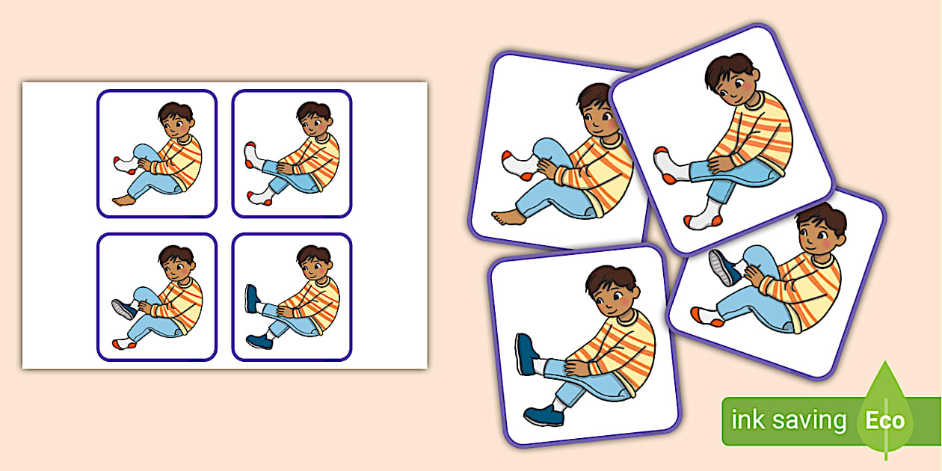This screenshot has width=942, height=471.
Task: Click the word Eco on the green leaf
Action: coord(885,420)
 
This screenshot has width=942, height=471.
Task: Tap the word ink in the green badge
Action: coord(748,419)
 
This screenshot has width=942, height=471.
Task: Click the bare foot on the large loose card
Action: coord(508,218)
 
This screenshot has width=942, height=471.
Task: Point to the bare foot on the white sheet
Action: coord(124,200)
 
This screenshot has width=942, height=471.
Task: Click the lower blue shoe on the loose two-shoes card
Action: coord(544,415)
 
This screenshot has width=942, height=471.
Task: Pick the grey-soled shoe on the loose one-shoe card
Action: coord(724,268)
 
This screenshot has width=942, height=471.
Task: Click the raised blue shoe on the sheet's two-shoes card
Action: coord(251,298)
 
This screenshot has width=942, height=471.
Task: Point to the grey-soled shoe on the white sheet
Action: coord(123,309)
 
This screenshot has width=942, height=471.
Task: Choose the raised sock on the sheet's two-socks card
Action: coord(253,156)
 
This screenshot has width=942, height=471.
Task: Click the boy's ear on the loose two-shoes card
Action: coord(636,291)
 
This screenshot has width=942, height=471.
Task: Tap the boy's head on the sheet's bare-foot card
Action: coord(176,120)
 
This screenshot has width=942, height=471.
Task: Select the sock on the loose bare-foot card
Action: coord(521,165)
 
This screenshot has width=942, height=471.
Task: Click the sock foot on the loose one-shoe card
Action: coord(707,316)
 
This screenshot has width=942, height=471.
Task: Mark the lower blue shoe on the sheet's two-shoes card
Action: coord(259,341)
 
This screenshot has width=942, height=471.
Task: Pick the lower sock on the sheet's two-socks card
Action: coord(261,197)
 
